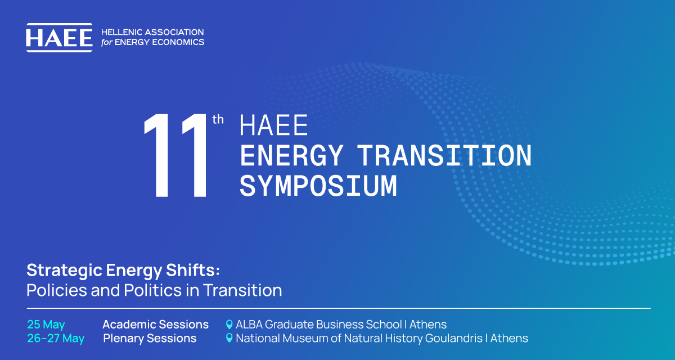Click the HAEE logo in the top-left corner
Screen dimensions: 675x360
[60, 38]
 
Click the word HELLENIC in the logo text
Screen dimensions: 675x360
[121, 32]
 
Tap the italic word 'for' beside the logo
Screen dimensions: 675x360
[107, 42]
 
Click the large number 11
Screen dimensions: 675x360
[175, 155]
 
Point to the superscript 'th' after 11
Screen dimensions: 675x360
[218, 120]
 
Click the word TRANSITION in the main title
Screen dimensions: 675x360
[444, 155]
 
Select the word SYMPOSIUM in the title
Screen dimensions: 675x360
[318, 186]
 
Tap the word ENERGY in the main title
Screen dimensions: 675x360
[292, 155]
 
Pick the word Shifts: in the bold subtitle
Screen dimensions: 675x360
[193, 270]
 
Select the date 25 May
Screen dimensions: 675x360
[46, 325]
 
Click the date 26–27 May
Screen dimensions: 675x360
[56, 339]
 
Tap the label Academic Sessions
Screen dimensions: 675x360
[155, 325]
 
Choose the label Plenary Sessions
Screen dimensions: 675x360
[150, 339]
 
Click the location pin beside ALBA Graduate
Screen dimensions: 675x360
[229, 325]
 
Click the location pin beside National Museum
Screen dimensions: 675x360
[229, 338]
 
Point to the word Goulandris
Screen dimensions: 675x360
[454, 338]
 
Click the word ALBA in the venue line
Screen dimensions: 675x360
[249, 325]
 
